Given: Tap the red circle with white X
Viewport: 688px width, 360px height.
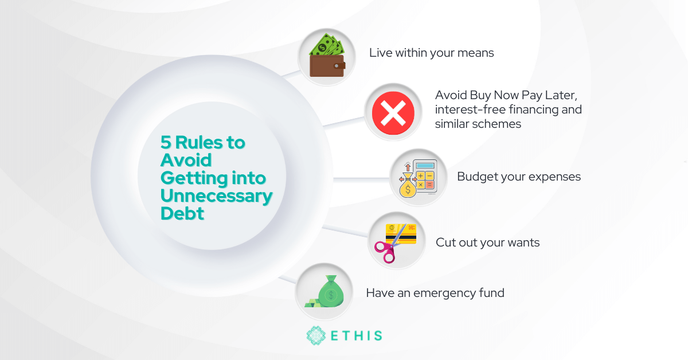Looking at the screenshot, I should tap(393, 112).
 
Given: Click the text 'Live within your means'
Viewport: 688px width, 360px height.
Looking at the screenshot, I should tap(431, 53).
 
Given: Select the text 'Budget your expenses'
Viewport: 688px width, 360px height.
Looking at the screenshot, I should tap(518, 177).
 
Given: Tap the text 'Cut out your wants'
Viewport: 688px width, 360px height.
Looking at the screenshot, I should tap(487, 242).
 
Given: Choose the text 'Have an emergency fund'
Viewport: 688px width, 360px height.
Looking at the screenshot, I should tap(435, 293).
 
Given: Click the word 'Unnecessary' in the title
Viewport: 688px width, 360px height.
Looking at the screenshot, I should tap(216, 196).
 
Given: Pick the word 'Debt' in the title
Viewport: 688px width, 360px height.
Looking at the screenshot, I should tap(182, 213).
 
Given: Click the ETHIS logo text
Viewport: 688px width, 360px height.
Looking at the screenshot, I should tap(356, 335).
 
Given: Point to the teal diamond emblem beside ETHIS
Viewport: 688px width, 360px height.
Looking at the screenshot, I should tap(316, 335).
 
